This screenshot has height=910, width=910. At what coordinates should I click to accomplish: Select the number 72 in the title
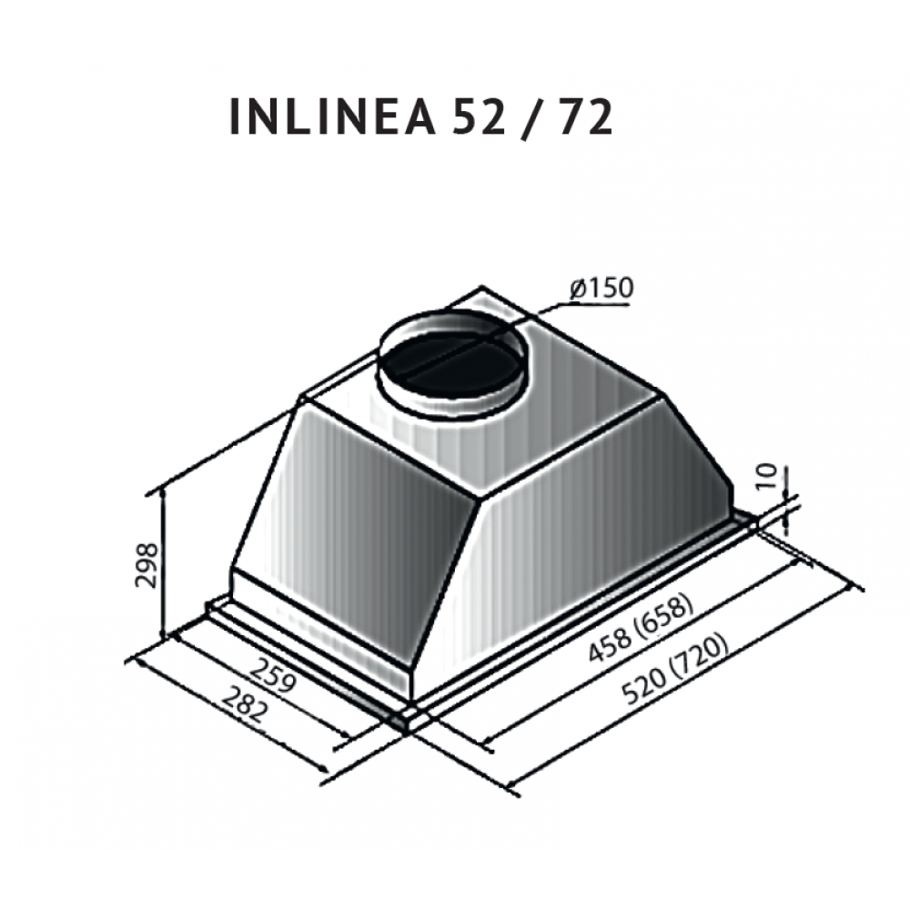pos(584,117)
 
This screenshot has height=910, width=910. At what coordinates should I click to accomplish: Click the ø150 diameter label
pos(600,288)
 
